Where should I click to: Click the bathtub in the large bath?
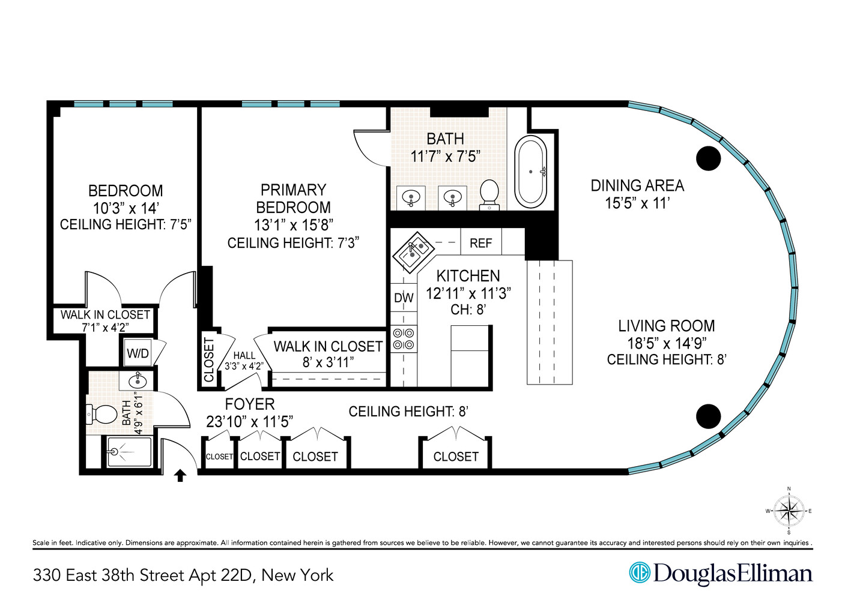(x=531, y=172)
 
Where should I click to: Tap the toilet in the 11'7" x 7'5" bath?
(x=489, y=194)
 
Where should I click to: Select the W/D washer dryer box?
(x=138, y=353)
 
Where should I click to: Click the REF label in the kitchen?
(x=480, y=243)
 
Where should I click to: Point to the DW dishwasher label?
(x=404, y=298)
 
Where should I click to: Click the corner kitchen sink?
(x=413, y=252)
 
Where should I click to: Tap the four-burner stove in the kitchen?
(x=404, y=339)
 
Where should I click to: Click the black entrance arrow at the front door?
(x=180, y=476)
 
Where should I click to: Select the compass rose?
(x=789, y=511)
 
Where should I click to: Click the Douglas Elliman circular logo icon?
(x=640, y=572)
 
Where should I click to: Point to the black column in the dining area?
(x=708, y=158)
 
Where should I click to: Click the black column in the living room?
(x=708, y=416)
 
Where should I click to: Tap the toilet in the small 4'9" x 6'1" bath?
(x=103, y=413)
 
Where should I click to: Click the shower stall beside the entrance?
(x=129, y=452)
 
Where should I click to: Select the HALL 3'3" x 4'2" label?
(x=244, y=361)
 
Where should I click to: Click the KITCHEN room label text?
(x=468, y=276)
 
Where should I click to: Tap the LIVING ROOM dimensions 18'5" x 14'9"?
(x=667, y=343)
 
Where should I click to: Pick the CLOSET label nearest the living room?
(x=456, y=457)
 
